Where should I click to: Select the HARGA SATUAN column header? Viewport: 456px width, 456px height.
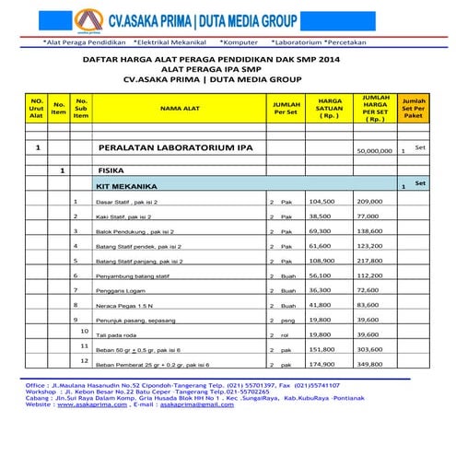click(330, 108)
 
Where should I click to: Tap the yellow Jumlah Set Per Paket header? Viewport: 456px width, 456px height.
click(414, 108)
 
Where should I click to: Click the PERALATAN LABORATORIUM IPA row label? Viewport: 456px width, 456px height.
click(156, 148)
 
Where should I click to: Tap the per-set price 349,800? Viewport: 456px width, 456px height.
click(368, 364)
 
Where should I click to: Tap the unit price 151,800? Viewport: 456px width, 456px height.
click(322, 349)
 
